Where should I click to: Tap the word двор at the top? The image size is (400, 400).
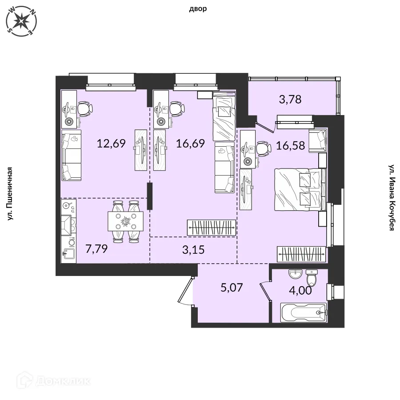click(198, 9)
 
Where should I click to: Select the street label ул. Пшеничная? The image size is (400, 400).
click(10, 194)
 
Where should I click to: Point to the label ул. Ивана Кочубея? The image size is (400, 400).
click(392, 197)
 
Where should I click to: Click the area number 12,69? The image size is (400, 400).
click(111, 144)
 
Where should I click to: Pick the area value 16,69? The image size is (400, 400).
click(190, 144)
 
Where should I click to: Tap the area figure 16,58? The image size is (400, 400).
click(291, 145)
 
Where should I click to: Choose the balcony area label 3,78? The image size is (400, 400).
click(290, 99)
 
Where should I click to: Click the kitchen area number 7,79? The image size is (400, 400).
click(96, 249)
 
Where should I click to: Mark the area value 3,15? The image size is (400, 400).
click(193, 250)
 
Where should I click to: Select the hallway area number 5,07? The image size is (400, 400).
click(232, 288)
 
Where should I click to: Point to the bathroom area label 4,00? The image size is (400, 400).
click(300, 291)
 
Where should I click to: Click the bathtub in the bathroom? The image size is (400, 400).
click(304, 312)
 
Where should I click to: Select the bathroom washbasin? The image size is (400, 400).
click(296, 274)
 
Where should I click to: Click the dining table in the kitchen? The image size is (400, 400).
click(125, 221)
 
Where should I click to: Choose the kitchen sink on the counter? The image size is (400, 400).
click(68, 254)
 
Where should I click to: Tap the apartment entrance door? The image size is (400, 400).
click(185, 291)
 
